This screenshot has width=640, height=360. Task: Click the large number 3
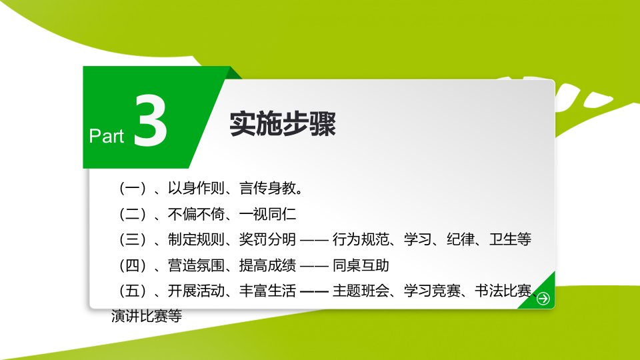pos(150,121)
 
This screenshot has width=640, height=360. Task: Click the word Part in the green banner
pos(106,136)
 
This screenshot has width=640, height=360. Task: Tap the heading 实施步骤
pos(283,124)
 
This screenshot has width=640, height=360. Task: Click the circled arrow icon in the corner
pos(543,299)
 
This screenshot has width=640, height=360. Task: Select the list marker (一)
pos(133,188)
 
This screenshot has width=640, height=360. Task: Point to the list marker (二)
pos(133,214)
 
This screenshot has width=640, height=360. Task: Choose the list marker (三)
pos(133,239)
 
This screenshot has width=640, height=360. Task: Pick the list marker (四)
pos(133,265)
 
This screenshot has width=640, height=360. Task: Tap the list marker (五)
pos(133,291)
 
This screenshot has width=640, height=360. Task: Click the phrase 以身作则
pos(196,188)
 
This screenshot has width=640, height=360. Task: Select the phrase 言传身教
pos(268,188)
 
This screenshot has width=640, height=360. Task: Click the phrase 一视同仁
pos(268,214)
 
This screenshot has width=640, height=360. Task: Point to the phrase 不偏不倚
pos(196,214)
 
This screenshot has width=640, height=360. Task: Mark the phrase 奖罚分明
pos(268,239)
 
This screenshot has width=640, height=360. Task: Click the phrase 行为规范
pos(361,239)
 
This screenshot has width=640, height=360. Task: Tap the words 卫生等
pos(510,239)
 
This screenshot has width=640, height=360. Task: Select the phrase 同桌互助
pos(361,265)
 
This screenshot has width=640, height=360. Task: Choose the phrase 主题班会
pos(361,291)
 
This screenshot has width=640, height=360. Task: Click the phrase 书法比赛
pos(503,291)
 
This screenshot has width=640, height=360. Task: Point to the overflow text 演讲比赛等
pos(147,316)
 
